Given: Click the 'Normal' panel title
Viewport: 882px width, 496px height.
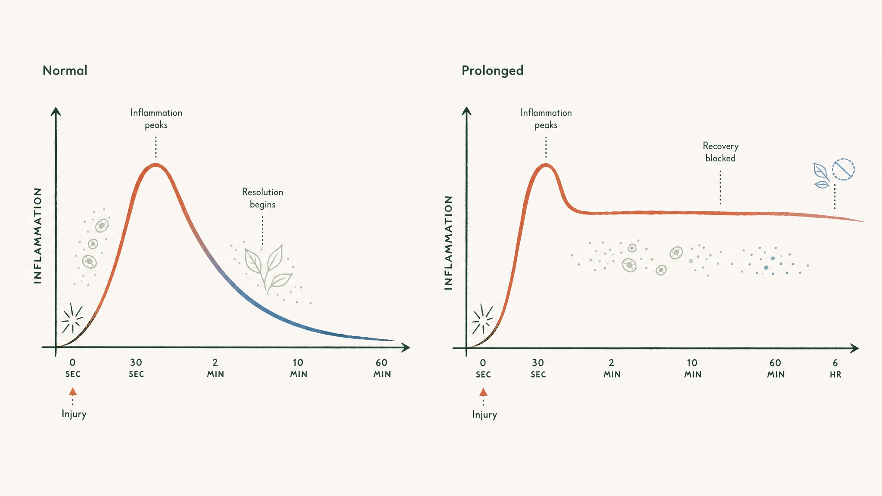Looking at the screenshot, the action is tap(65, 70).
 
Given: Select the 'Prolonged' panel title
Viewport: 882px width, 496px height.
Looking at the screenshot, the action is tap(492, 70).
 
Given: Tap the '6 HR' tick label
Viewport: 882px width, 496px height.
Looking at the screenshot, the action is tap(835, 369).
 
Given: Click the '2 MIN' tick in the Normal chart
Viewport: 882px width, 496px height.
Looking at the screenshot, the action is tap(215, 368).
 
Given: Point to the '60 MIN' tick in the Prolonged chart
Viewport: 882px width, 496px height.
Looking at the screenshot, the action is tap(776, 369).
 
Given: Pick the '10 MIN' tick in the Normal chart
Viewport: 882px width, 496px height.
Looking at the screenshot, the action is tap(298, 368).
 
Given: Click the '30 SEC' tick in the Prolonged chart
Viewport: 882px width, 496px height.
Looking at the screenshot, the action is tap(538, 369).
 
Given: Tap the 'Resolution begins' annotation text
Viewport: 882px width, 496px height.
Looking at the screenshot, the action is tap(263, 198).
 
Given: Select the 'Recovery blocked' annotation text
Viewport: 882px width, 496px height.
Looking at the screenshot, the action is tap(721, 152).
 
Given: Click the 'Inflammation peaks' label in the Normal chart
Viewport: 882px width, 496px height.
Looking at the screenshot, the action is tap(156, 119).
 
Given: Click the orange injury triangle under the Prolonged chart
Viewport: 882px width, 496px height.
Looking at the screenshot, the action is tap(483, 392).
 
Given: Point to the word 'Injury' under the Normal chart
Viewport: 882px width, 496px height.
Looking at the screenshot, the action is tap(74, 414).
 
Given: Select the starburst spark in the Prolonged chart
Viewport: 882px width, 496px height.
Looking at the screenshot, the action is tap(482, 319).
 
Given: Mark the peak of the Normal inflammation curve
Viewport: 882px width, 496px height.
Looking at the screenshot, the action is tap(156, 165).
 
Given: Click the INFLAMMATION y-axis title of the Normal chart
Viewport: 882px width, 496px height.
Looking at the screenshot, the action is tap(38, 236).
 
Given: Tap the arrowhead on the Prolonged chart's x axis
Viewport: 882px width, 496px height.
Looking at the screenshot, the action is tap(854, 348).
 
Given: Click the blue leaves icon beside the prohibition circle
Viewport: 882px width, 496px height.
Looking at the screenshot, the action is tap(821, 176).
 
